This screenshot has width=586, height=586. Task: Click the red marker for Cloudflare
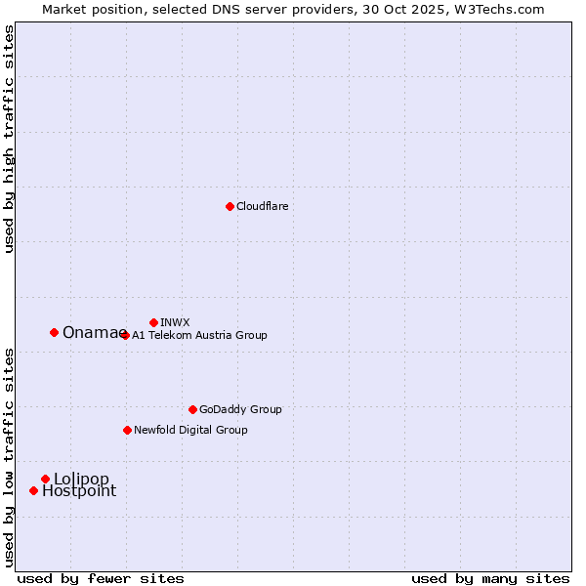pos(230,206)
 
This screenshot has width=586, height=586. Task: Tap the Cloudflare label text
pos(262,206)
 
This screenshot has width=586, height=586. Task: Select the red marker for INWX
pos(153,322)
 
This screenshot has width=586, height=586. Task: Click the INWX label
pos(175,322)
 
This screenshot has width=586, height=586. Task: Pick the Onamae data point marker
pos(54,332)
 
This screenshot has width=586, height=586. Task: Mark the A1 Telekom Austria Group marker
pos(124,335)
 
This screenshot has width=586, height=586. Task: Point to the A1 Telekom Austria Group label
pos(199,335)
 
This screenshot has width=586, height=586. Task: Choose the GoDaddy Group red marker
pos(192,409)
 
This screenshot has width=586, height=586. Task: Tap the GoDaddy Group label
pos(240,409)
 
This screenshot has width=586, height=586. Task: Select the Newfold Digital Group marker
pos(127,430)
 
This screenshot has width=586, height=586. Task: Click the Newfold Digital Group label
pos(190,430)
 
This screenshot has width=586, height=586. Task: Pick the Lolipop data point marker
pos(45,479)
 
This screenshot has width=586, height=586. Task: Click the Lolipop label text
pos(81,479)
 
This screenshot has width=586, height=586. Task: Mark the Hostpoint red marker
pos(33,490)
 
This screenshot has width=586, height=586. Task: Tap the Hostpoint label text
pos(78,491)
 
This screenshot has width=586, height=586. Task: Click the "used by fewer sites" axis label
pos(101,578)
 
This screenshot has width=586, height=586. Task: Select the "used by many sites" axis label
pos(490,578)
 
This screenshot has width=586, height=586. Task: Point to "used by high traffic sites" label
pos(9,140)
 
